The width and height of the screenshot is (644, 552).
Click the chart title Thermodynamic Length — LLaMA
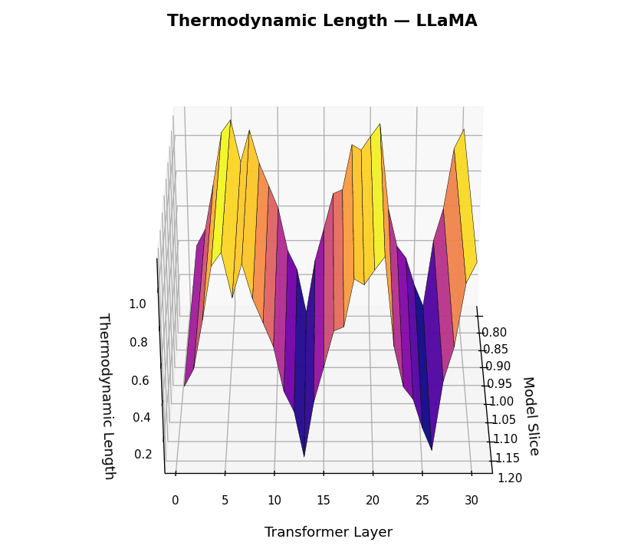(322, 21)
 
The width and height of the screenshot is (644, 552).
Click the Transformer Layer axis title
(328, 532)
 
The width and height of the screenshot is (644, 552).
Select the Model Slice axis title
(530, 416)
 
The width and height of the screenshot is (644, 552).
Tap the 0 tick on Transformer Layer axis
(176, 501)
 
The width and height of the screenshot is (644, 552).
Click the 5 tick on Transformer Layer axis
(225, 501)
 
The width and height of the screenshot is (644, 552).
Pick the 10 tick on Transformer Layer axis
(274, 501)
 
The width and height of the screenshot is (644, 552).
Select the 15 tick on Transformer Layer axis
(324, 501)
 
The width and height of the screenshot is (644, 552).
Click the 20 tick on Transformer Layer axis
(373, 501)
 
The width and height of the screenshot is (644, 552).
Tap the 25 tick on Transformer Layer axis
(422, 501)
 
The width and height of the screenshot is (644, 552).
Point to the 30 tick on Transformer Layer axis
(472, 501)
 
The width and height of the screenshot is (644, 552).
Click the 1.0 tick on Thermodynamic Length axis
(137, 304)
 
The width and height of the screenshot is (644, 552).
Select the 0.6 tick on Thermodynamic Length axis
(140, 381)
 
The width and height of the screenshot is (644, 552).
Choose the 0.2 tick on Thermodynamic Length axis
(143, 455)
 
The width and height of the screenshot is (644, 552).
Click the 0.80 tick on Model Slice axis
(494, 333)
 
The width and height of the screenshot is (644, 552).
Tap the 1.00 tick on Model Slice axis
(501, 402)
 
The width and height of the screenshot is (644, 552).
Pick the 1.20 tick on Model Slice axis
(510, 478)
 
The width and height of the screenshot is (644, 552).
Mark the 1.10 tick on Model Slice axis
(505, 439)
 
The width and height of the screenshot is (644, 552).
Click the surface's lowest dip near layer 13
(304, 455)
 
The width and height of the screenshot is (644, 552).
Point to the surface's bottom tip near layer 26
(432, 449)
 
